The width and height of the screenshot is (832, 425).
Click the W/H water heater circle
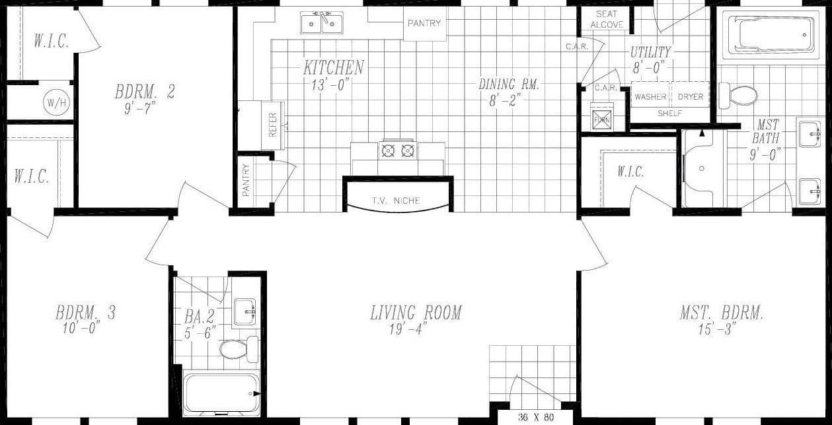(52, 102)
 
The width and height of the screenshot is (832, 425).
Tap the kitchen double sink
(322, 24)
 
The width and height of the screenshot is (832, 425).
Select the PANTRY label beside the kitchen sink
(424, 23)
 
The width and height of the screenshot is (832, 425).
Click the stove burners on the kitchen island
(397, 150)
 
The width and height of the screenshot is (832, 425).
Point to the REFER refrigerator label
(273, 124)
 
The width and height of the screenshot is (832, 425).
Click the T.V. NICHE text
(395, 201)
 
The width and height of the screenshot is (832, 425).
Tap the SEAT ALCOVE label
(607, 19)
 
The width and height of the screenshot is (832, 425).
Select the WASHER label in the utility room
(650, 97)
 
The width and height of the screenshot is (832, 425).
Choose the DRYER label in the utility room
(691, 97)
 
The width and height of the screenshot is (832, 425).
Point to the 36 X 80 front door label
(535, 417)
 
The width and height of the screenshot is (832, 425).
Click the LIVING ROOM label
(416, 312)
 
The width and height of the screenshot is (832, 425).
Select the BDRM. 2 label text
(145, 92)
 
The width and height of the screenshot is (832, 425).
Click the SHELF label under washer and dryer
(669, 114)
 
